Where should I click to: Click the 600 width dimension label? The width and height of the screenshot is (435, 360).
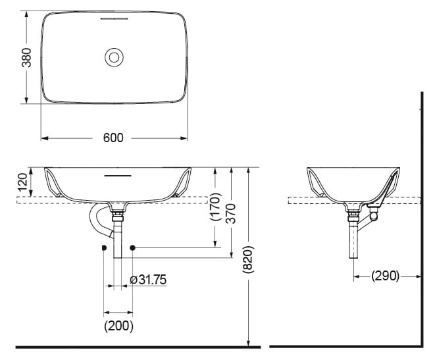(113, 138)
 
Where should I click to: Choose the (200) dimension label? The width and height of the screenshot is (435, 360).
(118, 325)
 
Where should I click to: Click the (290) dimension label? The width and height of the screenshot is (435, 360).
(385, 276)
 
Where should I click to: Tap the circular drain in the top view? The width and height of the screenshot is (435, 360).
(114, 57)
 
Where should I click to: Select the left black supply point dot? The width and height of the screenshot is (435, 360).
(104, 247)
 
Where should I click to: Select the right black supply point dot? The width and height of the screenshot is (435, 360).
(132, 247)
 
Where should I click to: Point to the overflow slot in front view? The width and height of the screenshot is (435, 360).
(118, 176)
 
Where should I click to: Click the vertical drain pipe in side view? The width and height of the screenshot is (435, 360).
(353, 244)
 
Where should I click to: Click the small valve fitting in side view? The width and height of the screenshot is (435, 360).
(374, 214)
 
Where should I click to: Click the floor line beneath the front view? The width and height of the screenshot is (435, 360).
(132, 346)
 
